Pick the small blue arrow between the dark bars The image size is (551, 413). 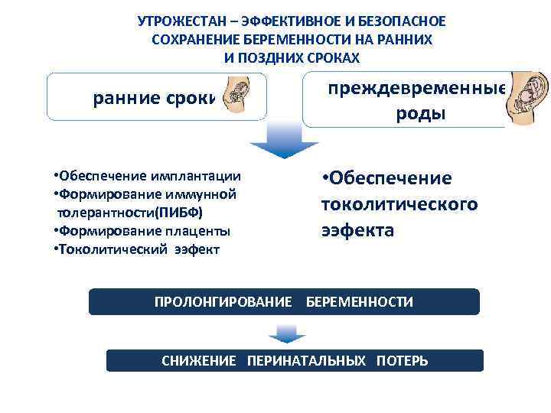(x=286, y=333)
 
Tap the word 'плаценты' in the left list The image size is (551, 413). (x=196, y=230)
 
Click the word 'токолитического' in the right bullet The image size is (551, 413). (x=399, y=204)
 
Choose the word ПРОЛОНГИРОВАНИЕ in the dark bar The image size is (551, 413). (x=223, y=302)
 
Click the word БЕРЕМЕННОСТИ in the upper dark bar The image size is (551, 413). (x=360, y=302)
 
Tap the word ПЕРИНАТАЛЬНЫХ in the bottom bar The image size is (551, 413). (x=306, y=360)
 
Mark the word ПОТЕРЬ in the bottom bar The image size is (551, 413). (x=402, y=360)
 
